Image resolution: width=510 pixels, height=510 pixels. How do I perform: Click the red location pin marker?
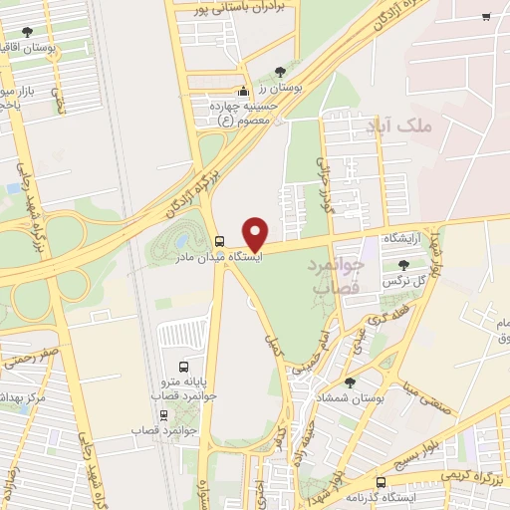pyautogui.click(x=256, y=233)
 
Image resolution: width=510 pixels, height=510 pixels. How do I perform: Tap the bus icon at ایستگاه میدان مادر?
pyautogui.click(x=219, y=240)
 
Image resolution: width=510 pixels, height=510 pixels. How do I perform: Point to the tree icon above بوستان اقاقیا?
pyautogui.click(x=56, y=33)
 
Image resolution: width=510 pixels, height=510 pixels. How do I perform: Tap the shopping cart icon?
pyautogui.click(x=485, y=16)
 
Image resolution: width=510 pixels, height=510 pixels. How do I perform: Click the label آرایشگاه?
pyautogui.click(x=408, y=240)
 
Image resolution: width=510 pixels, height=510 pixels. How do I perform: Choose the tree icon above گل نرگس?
pyautogui.click(x=402, y=265)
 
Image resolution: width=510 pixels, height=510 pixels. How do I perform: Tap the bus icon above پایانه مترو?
pyautogui.click(x=182, y=366)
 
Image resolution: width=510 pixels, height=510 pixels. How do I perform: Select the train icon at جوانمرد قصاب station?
pyautogui.click(x=163, y=415)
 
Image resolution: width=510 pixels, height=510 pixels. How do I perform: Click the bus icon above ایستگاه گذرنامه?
pyautogui.click(x=380, y=482)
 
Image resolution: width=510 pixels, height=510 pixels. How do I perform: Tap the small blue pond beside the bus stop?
pyautogui.click(x=179, y=241)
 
